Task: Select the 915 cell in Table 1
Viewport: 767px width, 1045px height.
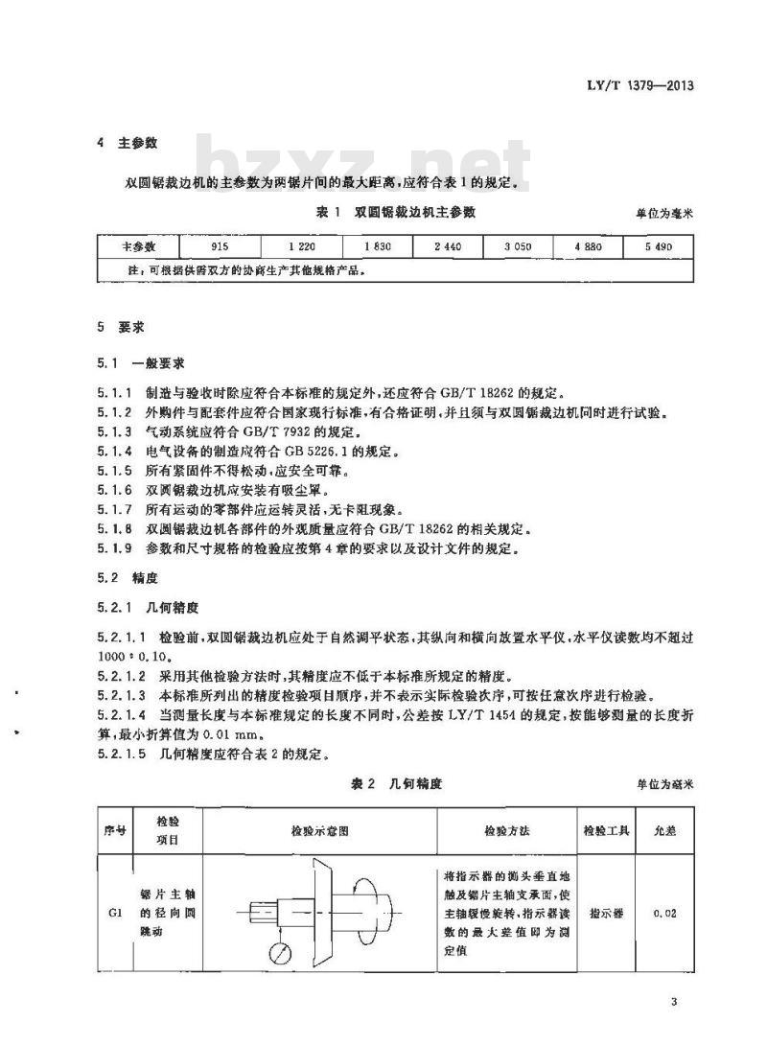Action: pyautogui.click(x=220, y=247)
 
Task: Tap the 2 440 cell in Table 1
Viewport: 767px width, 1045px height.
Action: pyautogui.click(x=448, y=247)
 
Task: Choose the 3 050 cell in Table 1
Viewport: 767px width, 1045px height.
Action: pyautogui.click(x=518, y=247)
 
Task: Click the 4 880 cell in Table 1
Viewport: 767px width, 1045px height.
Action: pyautogui.click(x=588, y=247)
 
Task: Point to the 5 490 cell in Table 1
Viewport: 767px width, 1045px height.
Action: pyautogui.click(x=658, y=247)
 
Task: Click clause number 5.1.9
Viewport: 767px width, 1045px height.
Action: pyautogui.click(x=117, y=549)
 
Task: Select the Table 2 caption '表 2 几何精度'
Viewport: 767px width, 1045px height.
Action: pyautogui.click(x=397, y=783)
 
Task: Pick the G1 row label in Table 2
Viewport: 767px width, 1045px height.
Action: pyautogui.click(x=114, y=913)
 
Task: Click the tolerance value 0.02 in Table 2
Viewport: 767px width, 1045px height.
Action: pyautogui.click(x=664, y=913)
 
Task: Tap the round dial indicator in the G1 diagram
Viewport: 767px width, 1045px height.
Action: pyautogui.click(x=282, y=953)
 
